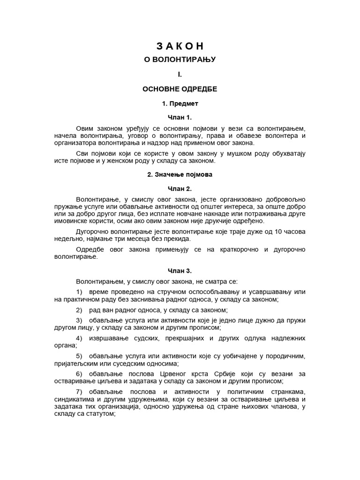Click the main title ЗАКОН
(180, 46)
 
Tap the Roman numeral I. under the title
(180, 74)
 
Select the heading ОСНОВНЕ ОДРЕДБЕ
(180, 89)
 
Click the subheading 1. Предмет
(180, 103)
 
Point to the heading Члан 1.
(180, 117)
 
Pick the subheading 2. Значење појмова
(180, 174)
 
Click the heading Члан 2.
(180, 189)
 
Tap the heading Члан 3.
(180, 270)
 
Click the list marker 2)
(79, 310)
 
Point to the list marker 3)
(79, 320)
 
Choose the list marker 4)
(79, 338)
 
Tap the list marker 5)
(79, 356)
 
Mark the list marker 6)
(79, 374)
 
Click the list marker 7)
(79, 391)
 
